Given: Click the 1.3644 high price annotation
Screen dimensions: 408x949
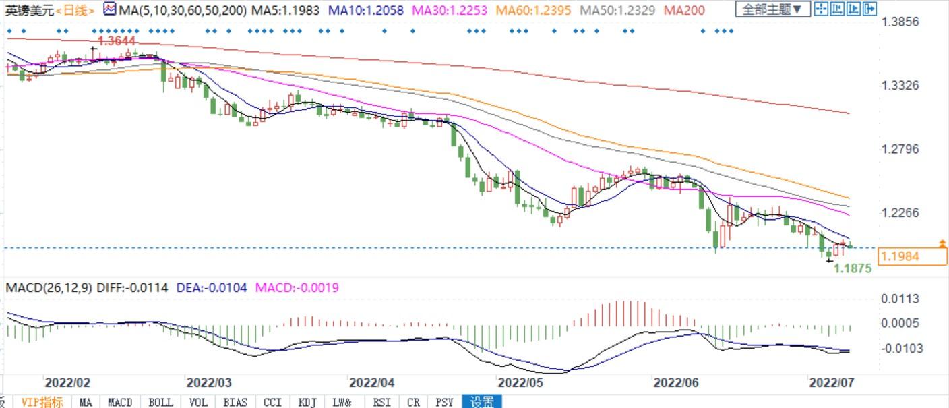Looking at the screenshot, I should click(x=117, y=41).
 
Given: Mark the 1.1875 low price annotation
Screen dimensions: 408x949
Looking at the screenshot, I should click(x=853, y=268).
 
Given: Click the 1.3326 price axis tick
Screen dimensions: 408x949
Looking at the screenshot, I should click(x=900, y=86).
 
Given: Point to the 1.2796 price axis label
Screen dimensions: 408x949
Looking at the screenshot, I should click(x=900, y=149).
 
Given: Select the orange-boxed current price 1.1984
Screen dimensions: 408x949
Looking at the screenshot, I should click(x=900, y=256).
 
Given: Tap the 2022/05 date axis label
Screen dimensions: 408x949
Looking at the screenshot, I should click(x=520, y=383).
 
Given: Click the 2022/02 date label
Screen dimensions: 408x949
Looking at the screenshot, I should click(x=67, y=383).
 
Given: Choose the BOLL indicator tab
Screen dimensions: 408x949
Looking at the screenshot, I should click(x=160, y=402).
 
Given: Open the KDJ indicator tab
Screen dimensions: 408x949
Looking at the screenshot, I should click(x=307, y=402).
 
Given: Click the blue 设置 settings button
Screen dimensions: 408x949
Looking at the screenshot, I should click(x=482, y=402).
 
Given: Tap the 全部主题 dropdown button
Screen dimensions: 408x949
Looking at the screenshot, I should click(x=772, y=9).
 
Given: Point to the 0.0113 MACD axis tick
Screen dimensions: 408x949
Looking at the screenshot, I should click(x=900, y=299).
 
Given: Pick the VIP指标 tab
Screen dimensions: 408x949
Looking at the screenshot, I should click(x=42, y=402).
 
